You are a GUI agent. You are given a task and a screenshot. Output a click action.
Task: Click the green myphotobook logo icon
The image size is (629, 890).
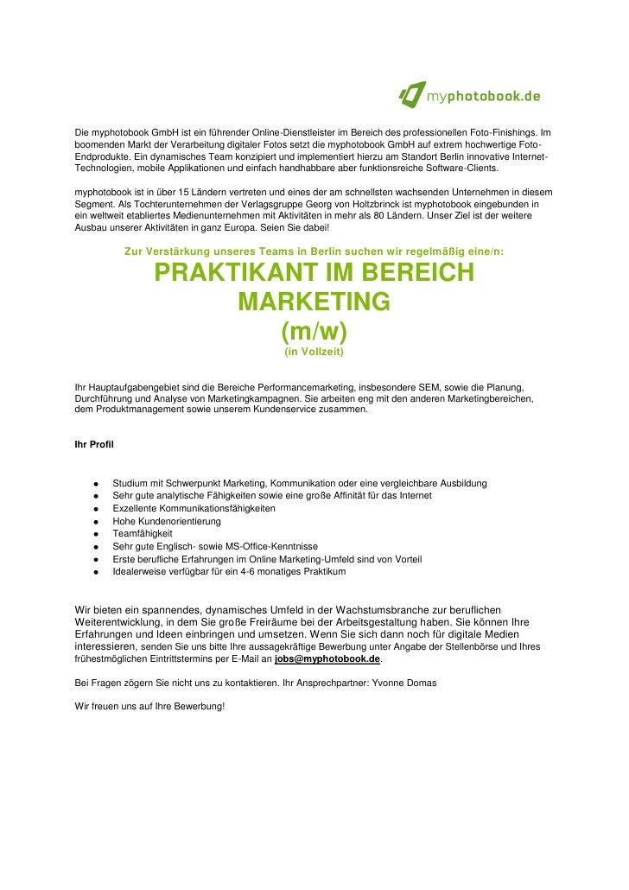(x=411, y=95)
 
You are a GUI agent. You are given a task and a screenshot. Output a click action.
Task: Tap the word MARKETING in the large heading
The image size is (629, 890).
(x=314, y=303)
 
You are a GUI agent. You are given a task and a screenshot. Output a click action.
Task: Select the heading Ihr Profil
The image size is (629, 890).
(x=94, y=445)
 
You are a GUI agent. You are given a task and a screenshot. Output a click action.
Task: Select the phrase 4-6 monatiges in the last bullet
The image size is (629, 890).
(x=259, y=572)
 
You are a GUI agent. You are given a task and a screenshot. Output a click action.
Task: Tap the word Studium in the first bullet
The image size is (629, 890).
(x=130, y=483)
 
